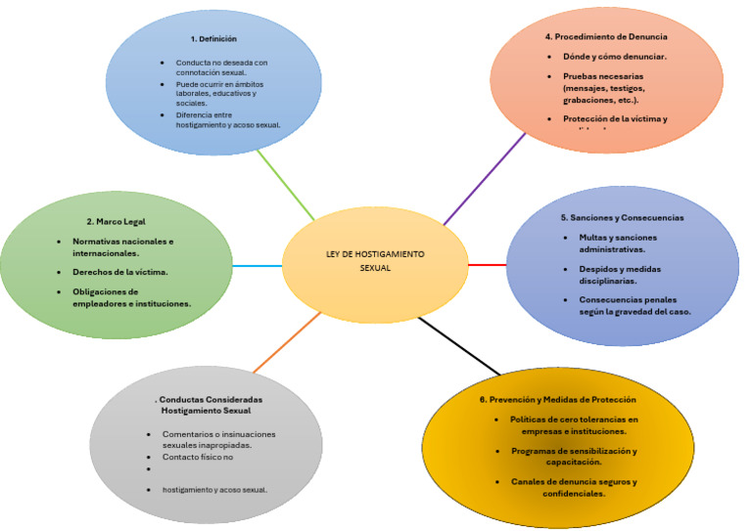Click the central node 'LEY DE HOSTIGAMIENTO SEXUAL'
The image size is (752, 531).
(376, 260)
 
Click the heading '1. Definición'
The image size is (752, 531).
(213, 39)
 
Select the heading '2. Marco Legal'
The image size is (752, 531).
(116, 221)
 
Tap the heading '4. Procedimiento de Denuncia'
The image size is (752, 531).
(607, 36)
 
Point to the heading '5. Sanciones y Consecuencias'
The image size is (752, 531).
(622, 217)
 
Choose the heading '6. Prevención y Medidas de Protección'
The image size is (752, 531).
(557, 399)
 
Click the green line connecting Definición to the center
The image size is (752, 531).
(286, 184)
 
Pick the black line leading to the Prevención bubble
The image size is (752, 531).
(458, 346)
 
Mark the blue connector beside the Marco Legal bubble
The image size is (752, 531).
(258, 266)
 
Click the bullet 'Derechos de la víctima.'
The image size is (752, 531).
(119, 271)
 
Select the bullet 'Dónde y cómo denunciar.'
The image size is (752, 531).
(614, 56)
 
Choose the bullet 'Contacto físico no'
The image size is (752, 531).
(198, 457)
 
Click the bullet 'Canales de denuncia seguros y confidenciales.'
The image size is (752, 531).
(574, 487)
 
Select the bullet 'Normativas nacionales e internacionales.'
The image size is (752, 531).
(122, 246)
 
